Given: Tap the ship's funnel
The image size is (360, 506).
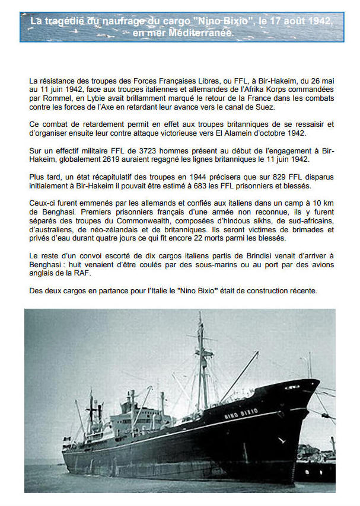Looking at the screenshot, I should pyautogui.click(x=161, y=403).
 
